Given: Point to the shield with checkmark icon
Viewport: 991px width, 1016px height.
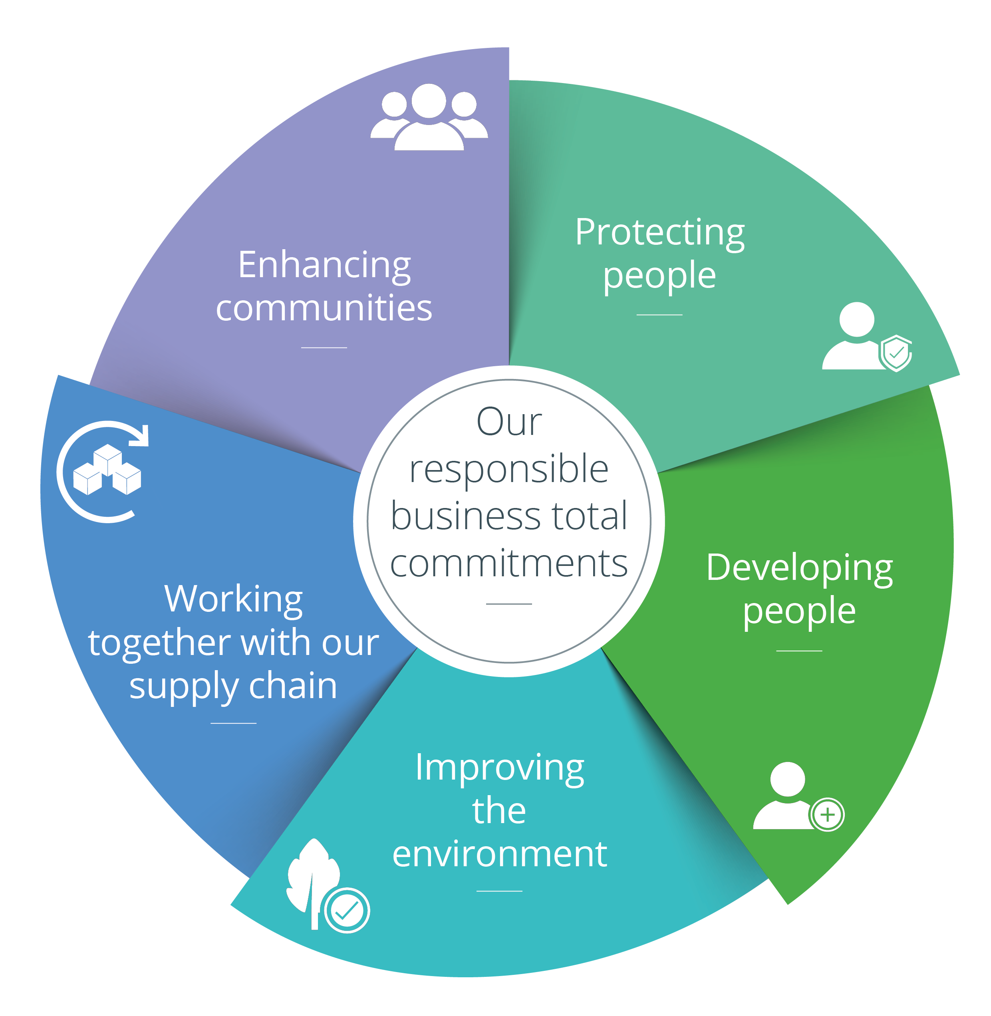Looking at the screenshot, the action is pyautogui.click(x=896, y=353).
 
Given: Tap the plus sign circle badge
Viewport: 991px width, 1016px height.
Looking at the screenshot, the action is pyautogui.click(x=827, y=815).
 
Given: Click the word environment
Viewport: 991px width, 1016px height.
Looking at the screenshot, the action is pyautogui.click(x=500, y=854).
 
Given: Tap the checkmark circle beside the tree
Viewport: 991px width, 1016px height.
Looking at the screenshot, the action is pyautogui.click(x=347, y=910).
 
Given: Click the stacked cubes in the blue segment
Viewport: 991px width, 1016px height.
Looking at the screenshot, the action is pyautogui.click(x=107, y=470).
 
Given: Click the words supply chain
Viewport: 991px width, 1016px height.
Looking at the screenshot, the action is pyautogui.click(x=233, y=687).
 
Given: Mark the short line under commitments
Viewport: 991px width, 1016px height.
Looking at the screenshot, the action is pyautogui.click(x=509, y=604).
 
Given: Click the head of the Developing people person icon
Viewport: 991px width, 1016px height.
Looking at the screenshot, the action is pyautogui.click(x=788, y=779).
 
